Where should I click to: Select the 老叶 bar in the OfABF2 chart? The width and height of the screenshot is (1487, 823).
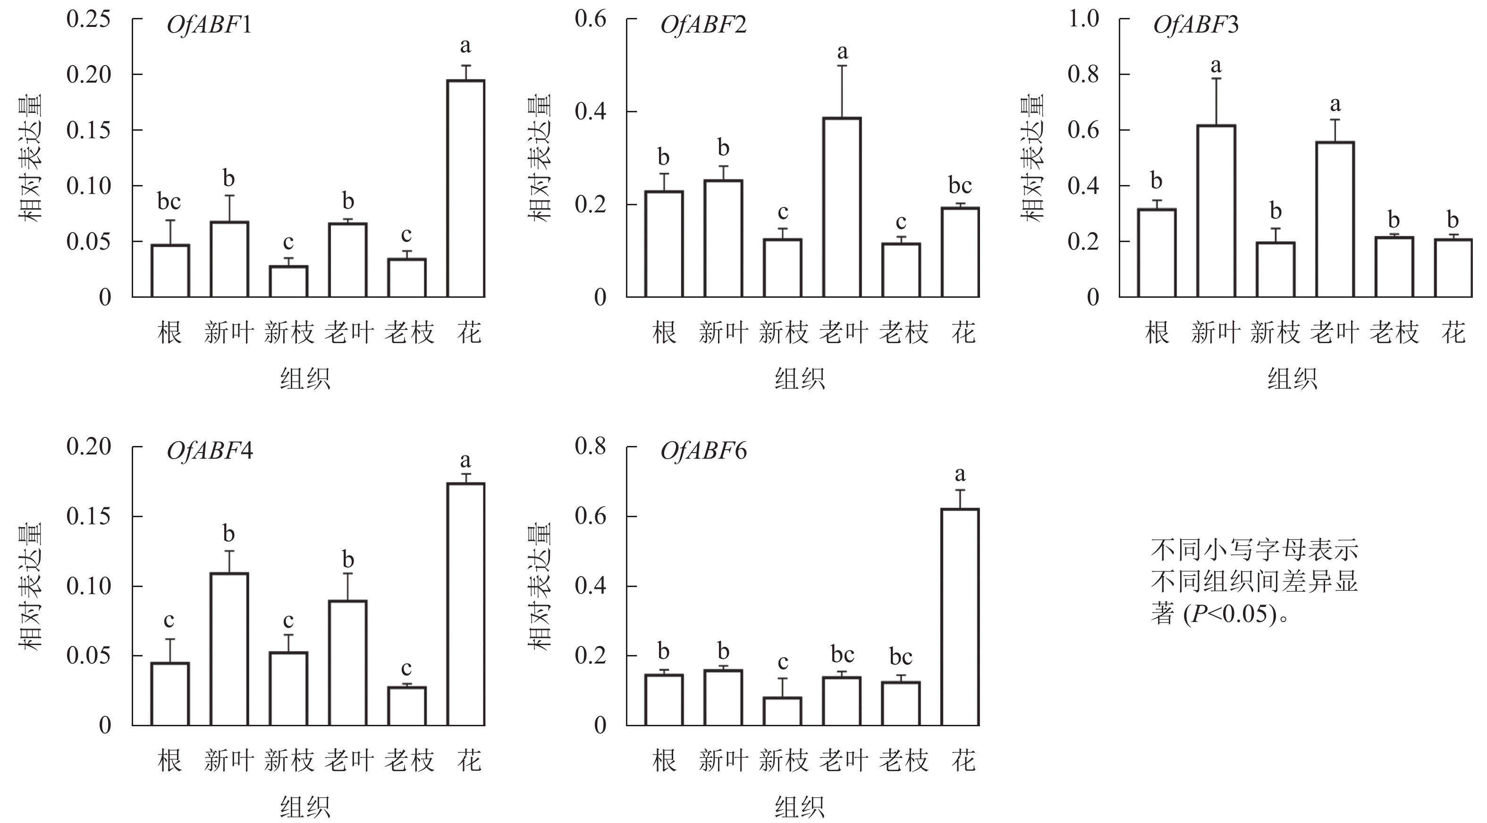click(842, 207)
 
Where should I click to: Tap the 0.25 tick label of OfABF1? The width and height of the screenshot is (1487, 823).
click(88, 19)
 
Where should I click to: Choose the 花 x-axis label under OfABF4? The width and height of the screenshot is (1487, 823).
click(469, 761)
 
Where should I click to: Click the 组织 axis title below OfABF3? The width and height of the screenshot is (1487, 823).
click(1293, 379)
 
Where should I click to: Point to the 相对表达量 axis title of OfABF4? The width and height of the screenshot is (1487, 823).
click(31, 586)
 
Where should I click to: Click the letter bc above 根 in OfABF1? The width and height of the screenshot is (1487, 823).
click(169, 202)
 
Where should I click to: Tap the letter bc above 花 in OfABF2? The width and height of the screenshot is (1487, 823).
click(960, 185)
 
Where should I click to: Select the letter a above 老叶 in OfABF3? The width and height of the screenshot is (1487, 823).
click(1335, 104)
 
